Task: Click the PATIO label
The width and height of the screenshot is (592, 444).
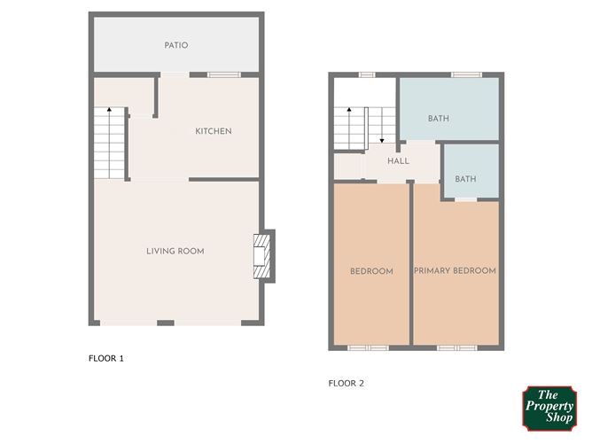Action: tap(176, 45)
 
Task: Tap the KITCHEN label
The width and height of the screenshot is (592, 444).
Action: tap(214, 131)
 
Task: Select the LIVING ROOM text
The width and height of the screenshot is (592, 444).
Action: tap(175, 251)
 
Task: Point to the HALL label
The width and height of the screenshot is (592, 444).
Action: tap(398, 160)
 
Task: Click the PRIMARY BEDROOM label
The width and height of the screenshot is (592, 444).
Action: tap(455, 270)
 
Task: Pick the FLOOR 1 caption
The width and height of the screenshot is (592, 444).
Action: tap(106, 358)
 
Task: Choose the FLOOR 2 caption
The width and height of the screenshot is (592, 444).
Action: tap(347, 383)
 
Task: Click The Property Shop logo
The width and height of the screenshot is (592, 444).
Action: tap(549, 409)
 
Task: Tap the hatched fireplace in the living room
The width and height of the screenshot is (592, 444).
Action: tap(262, 256)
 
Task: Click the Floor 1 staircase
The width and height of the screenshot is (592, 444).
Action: tap(109, 143)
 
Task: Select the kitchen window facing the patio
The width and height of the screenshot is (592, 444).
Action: tap(224, 74)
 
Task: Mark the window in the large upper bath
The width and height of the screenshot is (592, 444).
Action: tap(467, 74)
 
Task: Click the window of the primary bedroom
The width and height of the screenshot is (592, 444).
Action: tap(457, 347)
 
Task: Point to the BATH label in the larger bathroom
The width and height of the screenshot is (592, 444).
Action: tap(439, 119)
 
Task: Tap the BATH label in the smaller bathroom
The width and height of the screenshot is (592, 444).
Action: tap(465, 179)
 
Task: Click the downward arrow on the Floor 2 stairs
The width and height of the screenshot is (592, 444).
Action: tap(382, 125)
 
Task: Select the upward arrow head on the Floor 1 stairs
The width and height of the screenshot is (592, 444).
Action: tap(109, 110)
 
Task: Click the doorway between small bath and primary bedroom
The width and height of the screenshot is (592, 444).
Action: tap(466, 199)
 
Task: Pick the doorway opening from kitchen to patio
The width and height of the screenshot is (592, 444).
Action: tap(175, 74)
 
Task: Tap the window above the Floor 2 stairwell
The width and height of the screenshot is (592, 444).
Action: tap(367, 74)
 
